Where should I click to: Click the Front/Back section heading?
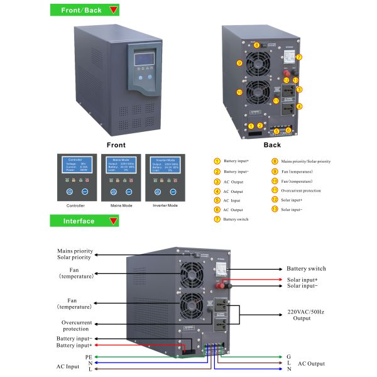tap(82, 11)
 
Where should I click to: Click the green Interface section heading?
tap(79, 221)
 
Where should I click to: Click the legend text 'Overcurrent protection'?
tap(301, 190)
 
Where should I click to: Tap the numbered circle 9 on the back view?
tap(239, 63)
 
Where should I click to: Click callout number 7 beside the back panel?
tap(299, 57)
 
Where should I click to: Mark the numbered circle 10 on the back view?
tap(239, 92)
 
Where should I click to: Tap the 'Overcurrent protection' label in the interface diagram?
tap(77, 325)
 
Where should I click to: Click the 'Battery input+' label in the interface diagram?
tap(74, 346)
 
